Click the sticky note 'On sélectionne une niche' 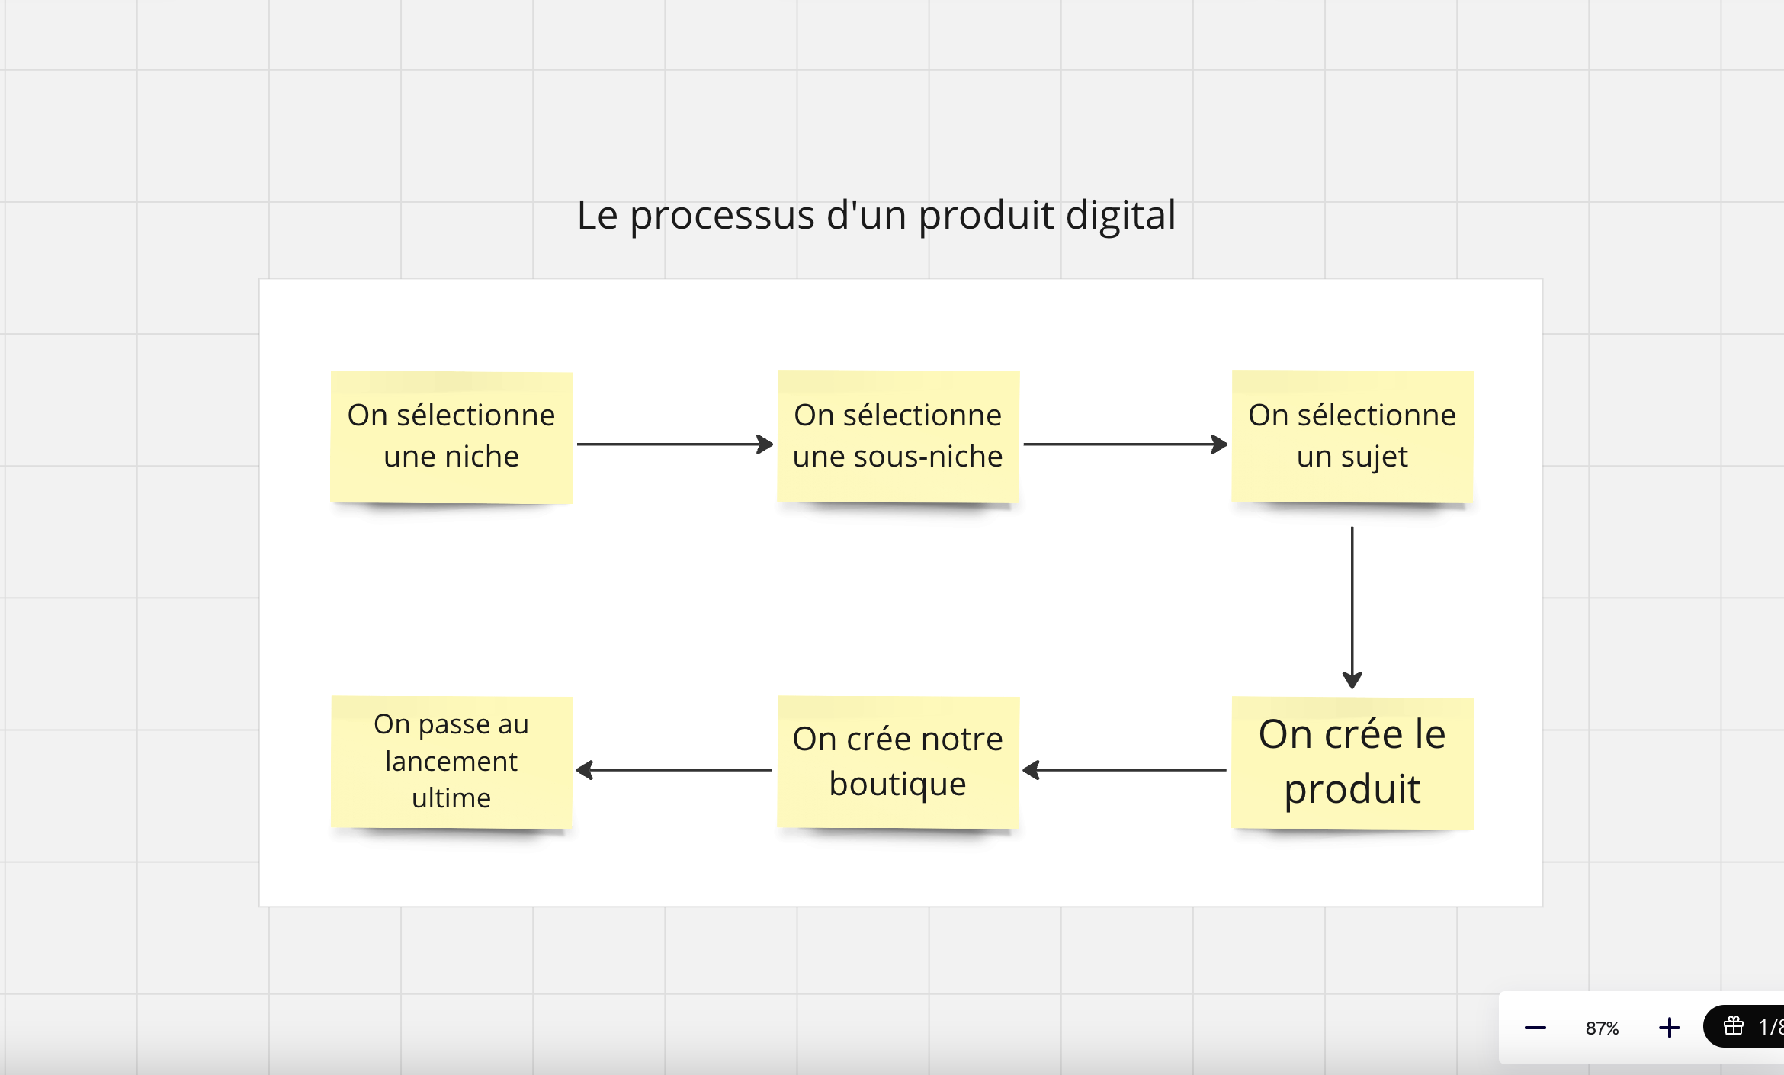pos(451,437)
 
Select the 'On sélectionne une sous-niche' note pos(898,437)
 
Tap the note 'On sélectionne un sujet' pos(1352,437)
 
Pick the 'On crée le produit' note pos(1352,762)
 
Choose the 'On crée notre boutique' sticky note pos(898,762)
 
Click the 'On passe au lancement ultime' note pos(451,762)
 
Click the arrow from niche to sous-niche pos(675,444)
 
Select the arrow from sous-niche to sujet pos(1125,444)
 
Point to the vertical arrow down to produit pos(1352,608)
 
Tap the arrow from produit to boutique pos(1125,770)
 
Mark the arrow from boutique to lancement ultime pos(674,770)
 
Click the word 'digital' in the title pos(1121,216)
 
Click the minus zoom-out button pos(1535,1028)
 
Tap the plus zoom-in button pos(1669,1028)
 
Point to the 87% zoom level pos(1602,1028)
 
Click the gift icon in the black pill pos(1734,1026)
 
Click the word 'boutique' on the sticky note pos(898,785)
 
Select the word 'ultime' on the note pos(451,797)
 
